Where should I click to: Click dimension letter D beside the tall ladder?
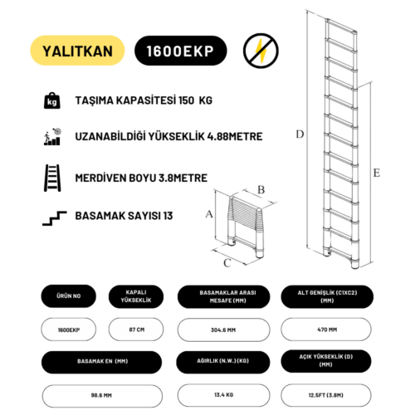[x=300, y=134]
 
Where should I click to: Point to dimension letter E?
[x=376, y=173]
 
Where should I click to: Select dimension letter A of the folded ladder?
[x=209, y=213]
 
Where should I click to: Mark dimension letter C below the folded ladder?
[x=226, y=264]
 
